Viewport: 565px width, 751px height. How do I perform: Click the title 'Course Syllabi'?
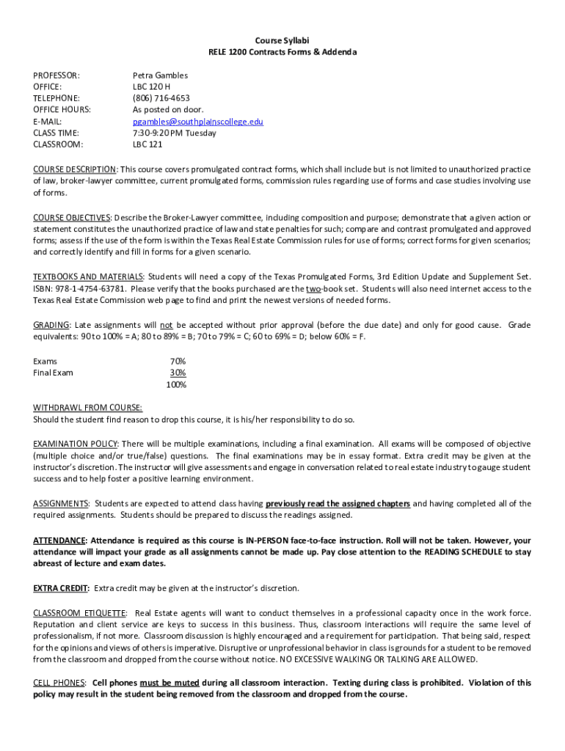[282, 40]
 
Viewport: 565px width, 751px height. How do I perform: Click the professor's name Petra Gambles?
[160, 75]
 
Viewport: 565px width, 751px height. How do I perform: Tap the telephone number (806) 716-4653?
[161, 98]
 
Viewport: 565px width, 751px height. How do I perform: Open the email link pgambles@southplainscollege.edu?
[197, 121]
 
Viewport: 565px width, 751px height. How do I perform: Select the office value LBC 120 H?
[151, 87]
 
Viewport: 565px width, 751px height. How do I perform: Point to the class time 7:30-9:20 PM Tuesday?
[174, 133]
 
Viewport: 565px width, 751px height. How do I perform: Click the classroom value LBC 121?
[147, 144]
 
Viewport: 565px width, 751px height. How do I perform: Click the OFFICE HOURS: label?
[62, 109]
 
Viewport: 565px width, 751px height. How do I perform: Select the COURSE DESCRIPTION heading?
[74, 169]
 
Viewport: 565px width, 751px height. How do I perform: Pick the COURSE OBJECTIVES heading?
[71, 218]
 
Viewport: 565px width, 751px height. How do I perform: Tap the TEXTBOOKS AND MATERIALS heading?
[89, 276]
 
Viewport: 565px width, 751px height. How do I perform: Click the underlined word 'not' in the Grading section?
[167, 325]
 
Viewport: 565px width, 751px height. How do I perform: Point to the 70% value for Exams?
[178, 361]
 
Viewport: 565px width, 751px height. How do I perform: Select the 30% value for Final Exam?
[178, 373]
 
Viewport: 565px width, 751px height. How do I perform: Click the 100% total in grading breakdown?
[176, 384]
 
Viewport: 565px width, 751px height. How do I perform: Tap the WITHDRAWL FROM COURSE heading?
[88, 408]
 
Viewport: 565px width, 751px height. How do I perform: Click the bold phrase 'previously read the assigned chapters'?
[338, 503]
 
